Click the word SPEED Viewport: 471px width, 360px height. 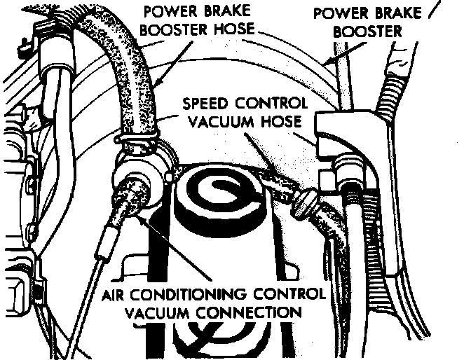[206, 104]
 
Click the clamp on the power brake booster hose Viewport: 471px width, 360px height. [141, 144]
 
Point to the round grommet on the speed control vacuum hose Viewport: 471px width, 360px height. [302, 204]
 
